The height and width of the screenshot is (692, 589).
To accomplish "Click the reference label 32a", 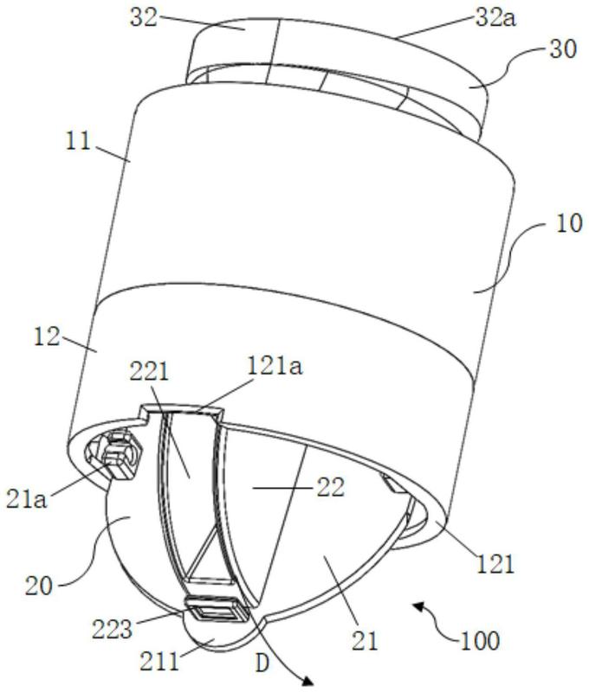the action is [495, 18].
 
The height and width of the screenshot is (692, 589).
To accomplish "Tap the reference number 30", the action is [563, 49].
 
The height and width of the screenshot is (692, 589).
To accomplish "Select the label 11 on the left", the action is [78, 142].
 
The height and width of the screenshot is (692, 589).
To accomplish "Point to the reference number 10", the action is [569, 223].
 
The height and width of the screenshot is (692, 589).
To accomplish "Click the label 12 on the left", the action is [47, 337].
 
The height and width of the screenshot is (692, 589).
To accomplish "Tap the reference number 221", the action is [149, 373].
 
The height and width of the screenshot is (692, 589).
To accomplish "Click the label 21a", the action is [27, 501].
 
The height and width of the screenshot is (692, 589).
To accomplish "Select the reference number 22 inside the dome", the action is [330, 489].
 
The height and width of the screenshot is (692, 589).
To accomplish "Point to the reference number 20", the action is [39, 587].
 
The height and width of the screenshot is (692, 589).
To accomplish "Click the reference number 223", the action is [113, 630].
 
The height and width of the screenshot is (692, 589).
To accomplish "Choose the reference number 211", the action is [159, 662].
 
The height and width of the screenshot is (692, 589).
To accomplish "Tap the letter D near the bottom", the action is [262, 663].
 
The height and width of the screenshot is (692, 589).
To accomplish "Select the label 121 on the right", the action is [495, 565].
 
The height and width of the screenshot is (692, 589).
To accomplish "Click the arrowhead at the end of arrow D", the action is [307, 682].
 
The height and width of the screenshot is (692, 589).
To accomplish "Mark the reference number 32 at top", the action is [144, 18].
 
